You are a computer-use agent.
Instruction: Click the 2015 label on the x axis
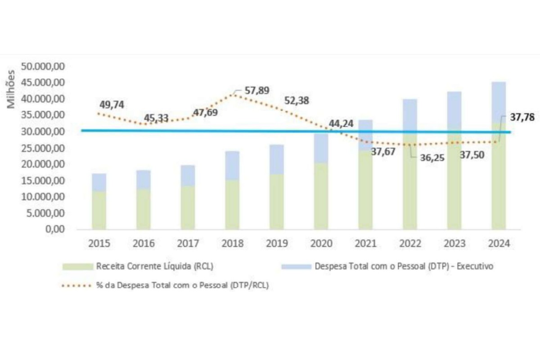pos(99,243)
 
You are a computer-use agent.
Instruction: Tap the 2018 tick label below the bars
pos(232,243)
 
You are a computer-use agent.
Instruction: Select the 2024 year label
pos(499,243)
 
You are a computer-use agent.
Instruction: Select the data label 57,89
pos(256,91)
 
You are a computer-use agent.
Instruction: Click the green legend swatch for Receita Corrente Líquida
pos(77,266)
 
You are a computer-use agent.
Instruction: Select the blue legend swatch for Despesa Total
pos(296,266)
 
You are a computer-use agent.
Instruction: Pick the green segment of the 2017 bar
pos(188,207)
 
